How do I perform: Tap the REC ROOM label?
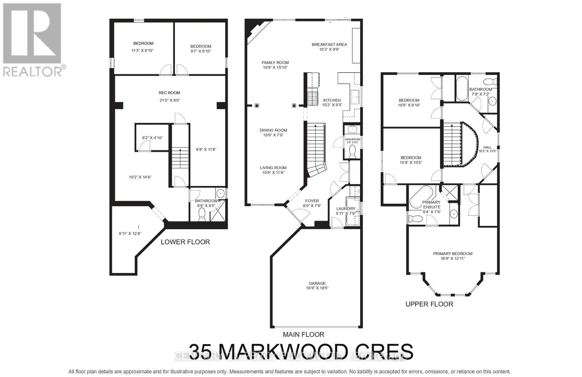169,93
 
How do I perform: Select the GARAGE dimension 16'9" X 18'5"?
315,288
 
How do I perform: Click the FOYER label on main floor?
312,201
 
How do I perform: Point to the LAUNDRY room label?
346,209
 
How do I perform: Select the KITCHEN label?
332,100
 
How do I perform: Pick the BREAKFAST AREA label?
329,44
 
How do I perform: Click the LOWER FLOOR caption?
185,242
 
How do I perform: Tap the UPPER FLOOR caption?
429,304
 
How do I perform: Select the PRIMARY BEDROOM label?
453,254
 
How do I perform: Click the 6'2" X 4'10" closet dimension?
152,138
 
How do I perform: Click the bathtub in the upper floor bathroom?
461,88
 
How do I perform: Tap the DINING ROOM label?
273,130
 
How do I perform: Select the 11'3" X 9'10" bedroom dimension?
143,51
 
